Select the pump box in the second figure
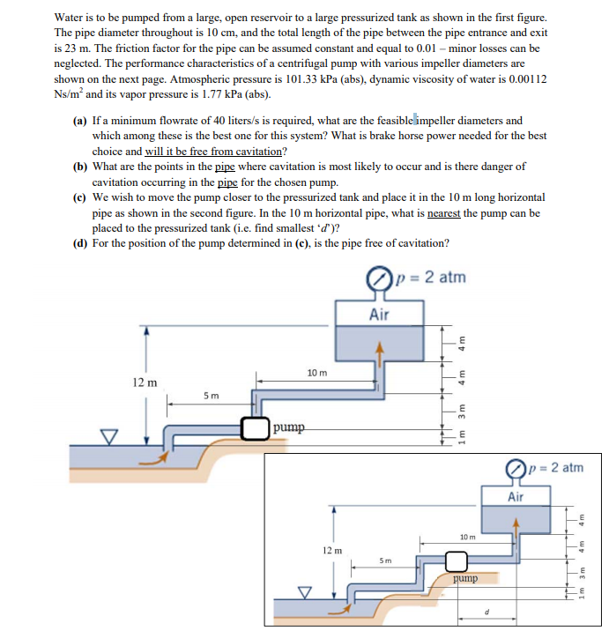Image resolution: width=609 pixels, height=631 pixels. (456, 561)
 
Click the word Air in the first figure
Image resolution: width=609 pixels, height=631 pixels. (379, 314)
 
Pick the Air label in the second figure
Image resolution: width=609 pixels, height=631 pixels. (516, 497)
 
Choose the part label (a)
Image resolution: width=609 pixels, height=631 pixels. (78, 121)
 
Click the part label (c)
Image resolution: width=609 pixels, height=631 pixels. (78, 197)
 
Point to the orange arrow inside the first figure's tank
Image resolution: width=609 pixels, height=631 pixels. (381, 351)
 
